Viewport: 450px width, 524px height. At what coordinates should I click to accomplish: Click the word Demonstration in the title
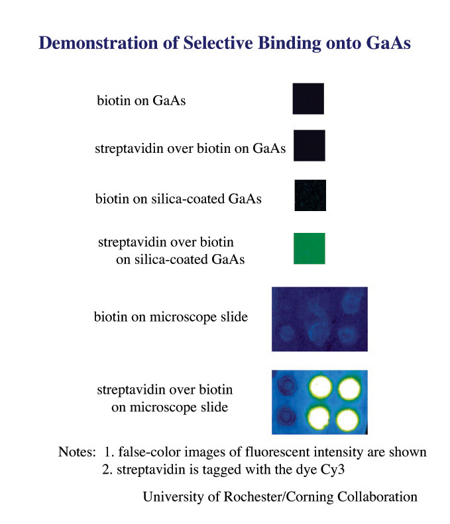[x=99, y=43]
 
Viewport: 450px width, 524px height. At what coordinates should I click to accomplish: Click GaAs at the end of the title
[x=388, y=43]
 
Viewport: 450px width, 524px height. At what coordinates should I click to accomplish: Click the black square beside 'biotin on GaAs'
[x=308, y=99]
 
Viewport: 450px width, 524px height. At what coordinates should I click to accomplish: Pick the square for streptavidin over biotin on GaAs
[x=309, y=146]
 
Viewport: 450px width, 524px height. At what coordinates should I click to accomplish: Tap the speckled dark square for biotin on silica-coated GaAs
[x=310, y=195]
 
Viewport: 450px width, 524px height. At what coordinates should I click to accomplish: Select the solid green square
[x=309, y=248]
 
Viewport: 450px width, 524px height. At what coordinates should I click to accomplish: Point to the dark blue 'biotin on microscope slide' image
[x=319, y=319]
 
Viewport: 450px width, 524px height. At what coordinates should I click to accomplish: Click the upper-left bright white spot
[x=320, y=387]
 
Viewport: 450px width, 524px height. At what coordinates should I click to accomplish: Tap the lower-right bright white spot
[x=347, y=419]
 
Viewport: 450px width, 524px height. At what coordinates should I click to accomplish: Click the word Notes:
[x=77, y=452]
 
